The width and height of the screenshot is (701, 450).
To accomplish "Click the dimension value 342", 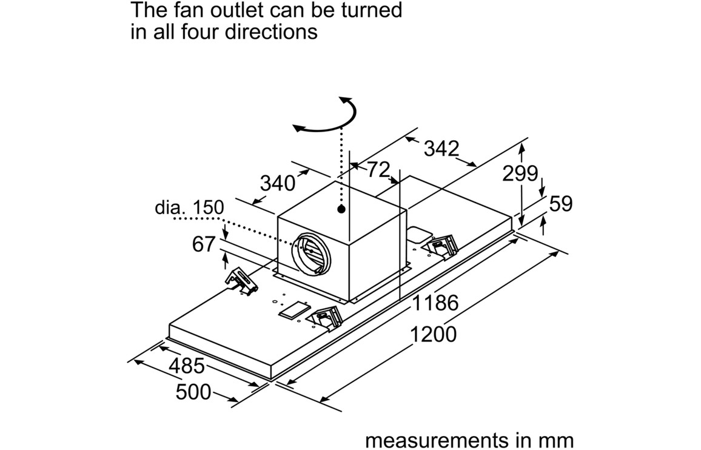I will [x=441, y=149].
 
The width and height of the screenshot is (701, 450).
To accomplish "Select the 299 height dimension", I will [x=520, y=174].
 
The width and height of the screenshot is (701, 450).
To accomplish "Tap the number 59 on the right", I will [x=560, y=204].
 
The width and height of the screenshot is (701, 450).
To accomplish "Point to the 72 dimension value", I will [x=377, y=170].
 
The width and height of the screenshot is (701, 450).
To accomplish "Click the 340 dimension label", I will [x=277, y=183].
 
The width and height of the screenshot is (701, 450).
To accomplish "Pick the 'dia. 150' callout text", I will [x=189, y=207].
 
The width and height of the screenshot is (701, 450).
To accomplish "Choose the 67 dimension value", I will [x=204, y=244].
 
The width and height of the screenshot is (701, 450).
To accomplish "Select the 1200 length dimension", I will [x=433, y=334].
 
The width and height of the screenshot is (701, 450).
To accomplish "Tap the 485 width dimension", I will [x=186, y=366].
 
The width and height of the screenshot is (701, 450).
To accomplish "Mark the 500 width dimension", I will [x=193, y=392].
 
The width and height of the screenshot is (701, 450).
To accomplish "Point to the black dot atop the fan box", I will [x=342, y=209].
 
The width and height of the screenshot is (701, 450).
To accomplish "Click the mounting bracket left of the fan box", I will [x=240, y=282].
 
